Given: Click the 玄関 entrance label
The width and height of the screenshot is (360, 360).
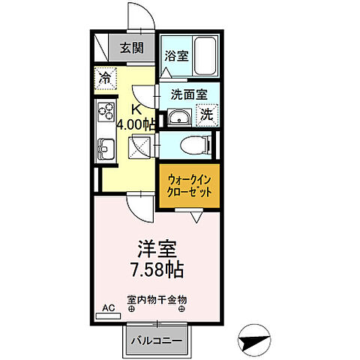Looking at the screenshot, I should [x=132, y=49].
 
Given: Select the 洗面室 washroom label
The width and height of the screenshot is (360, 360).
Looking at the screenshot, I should [x=186, y=94].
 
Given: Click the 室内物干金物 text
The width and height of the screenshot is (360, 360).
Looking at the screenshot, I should [x=157, y=299].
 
